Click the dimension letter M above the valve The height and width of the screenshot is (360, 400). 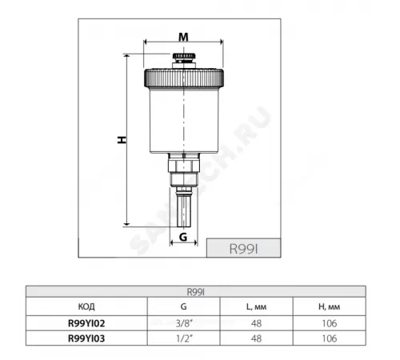point(183,37)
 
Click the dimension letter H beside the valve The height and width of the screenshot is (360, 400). point(122,140)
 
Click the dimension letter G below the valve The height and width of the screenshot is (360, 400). point(183,237)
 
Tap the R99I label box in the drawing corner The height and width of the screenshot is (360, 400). point(243,248)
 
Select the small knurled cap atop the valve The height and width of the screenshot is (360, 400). point(184,56)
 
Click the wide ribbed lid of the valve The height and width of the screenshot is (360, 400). point(184,78)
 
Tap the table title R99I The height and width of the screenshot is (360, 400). point(195,292)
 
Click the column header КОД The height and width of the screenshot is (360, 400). point(86,306)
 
